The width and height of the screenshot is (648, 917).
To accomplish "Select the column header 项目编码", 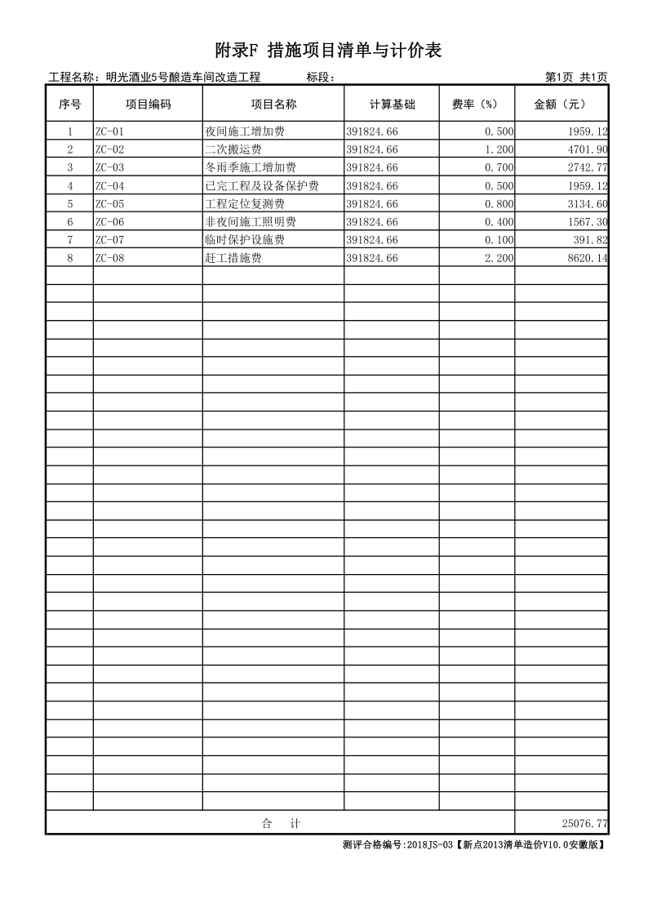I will pos(148,105).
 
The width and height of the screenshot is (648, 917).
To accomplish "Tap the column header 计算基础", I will pos(392,105).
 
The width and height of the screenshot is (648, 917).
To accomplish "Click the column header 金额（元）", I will pos(561,105).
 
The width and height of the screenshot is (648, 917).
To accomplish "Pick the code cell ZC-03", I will pos(109,167).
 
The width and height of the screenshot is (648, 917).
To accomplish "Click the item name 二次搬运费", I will pos(233,149).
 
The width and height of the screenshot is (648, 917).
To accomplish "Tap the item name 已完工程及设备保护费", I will pos(262,185).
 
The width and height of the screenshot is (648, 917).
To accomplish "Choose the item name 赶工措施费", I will pos(233,258).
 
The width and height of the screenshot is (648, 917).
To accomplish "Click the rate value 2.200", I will pos(499,258).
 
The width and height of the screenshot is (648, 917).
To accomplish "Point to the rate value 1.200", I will pos(499,149).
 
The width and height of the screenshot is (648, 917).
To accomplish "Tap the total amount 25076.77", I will pos(584,824).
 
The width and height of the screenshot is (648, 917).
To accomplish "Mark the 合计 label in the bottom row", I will pos(280,824).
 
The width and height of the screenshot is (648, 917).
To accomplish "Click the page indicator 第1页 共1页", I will pos(575,78).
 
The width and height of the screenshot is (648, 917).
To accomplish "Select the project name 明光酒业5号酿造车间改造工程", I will pos(177,78).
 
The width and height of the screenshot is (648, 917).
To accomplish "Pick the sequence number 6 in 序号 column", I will pos(70,222).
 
